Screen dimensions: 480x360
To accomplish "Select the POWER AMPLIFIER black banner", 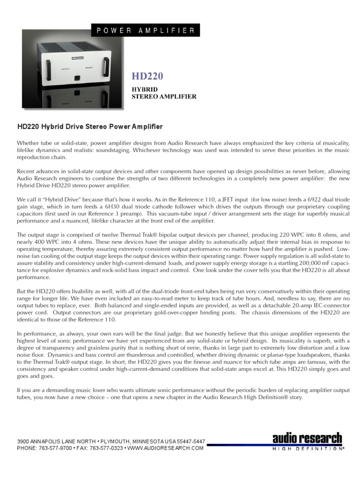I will click(146, 30).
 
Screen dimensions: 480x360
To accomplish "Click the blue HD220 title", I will click(149, 76).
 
